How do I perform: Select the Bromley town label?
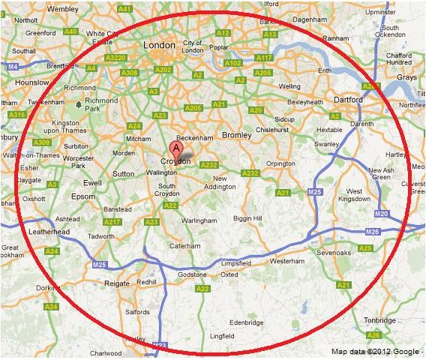pos(236,135)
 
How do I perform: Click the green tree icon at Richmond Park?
pos(77,100)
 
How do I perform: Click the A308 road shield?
pos(130,72)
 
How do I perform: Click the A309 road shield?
pos(41,142)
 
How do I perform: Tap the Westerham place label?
pos(286,262)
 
